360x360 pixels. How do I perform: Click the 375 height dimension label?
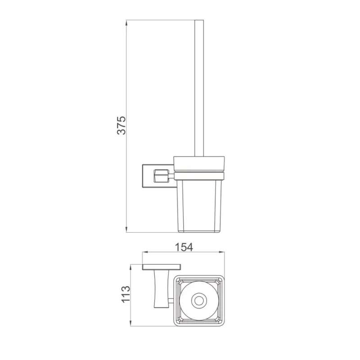pyautogui.click(x=121, y=126)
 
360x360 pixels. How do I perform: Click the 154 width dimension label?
pyautogui.click(x=184, y=247)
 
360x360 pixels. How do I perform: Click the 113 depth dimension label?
pyautogui.click(x=126, y=295)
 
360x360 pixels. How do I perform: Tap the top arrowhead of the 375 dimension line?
pyautogui.click(x=126, y=23)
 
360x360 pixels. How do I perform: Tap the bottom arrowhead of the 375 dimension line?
pyautogui.click(x=126, y=229)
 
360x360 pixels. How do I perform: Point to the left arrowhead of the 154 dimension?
pyautogui.click(x=145, y=252)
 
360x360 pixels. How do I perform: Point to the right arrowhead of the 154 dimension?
pyautogui.click(x=221, y=252)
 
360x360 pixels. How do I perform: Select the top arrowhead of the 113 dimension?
pyautogui.click(x=130, y=267)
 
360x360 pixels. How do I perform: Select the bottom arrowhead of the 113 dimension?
pyautogui.click(x=130, y=323)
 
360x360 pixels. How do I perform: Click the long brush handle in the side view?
pyautogui.click(x=199, y=88)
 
